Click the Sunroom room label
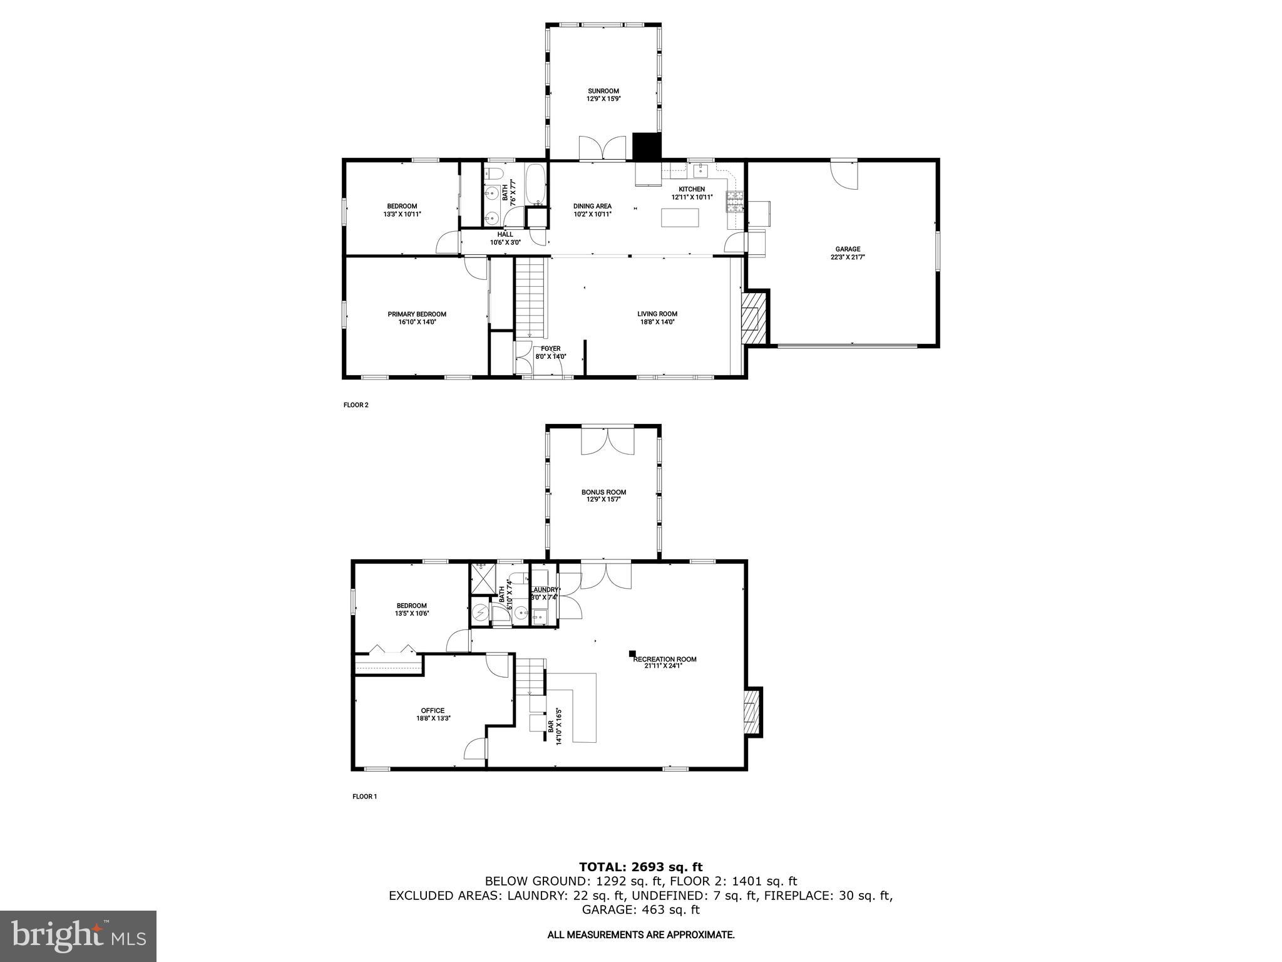coord(603,91)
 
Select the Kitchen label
coord(692,189)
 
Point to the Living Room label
coord(657,314)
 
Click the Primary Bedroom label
coord(416,314)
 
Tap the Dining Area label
coord(592,206)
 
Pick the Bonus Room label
coord(603,492)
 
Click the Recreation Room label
coord(664,659)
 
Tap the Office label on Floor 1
coord(433,711)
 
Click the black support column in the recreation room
coord(632,653)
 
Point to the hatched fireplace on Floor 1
coord(751,711)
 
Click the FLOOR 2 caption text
coord(356,405)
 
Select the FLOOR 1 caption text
coord(365,797)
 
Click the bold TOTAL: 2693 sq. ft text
coord(640,867)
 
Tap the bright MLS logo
coord(78,936)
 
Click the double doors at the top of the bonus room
coord(607,441)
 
